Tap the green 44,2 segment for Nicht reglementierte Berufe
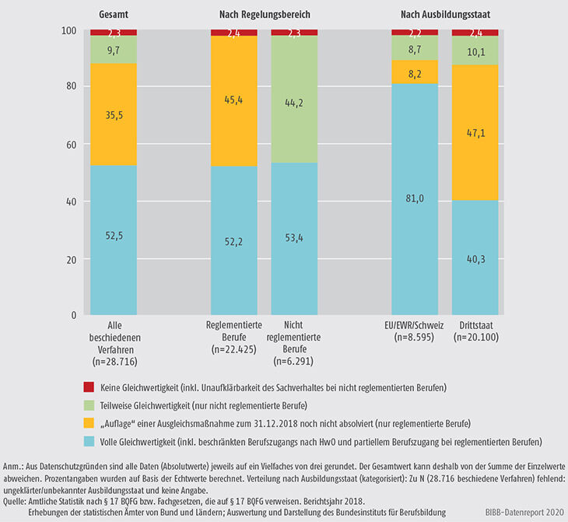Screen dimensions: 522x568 point(295,99)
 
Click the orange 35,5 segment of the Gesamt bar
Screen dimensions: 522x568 point(114,114)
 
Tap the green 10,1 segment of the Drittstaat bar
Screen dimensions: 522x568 point(475,52)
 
